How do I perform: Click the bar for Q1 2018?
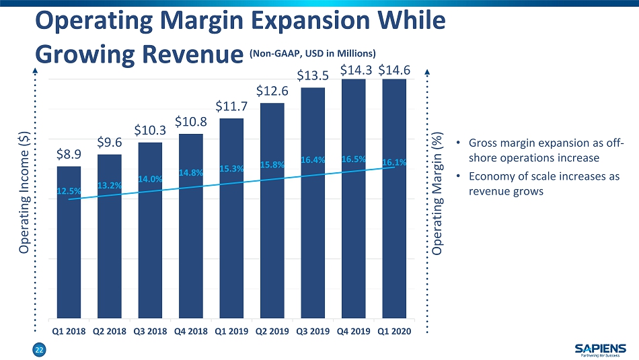pos(69,242)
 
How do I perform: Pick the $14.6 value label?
pos(394,69)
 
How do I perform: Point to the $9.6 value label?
pos(109,142)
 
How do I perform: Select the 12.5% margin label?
pos(67,191)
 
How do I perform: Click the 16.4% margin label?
pos(313,160)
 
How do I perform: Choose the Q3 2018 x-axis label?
pos(150,331)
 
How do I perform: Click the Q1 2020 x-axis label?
pos(394,331)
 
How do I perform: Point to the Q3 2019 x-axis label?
pos(313,331)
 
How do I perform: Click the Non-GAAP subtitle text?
pos(312,53)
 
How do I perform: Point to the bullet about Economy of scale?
pos(543,184)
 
